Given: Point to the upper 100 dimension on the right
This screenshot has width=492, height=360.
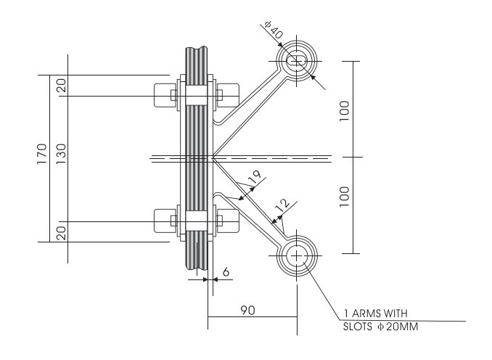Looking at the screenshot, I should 343,109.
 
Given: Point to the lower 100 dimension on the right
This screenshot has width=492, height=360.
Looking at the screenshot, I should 343,194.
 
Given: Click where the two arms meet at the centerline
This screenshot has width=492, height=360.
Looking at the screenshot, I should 213,157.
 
